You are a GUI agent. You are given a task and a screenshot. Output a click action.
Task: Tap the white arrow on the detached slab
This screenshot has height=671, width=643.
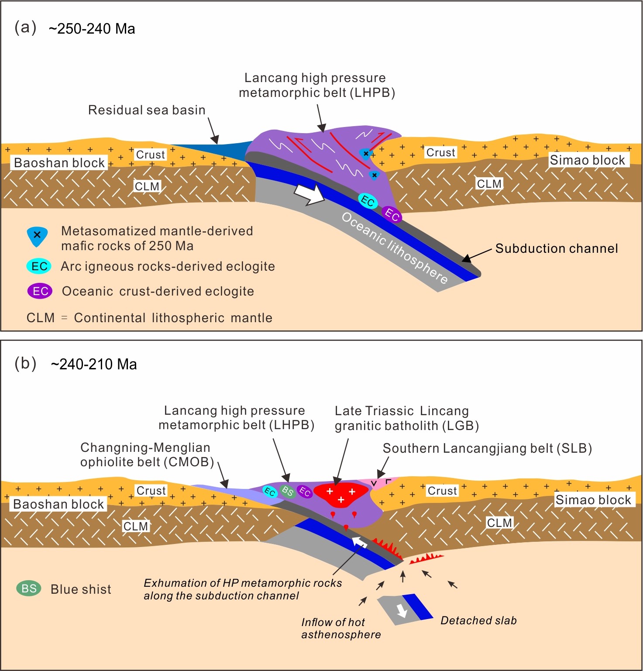pyautogui.click(x=402, y=610)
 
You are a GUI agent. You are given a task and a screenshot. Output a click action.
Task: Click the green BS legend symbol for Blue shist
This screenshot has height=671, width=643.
pyautogui.click(x=29, y=588)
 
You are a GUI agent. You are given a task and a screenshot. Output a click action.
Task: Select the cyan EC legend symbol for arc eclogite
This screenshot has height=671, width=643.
pyautogui.click(x=39, y=266)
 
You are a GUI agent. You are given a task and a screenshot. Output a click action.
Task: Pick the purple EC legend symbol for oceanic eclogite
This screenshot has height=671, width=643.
pyautogui.click(x=40, y=291)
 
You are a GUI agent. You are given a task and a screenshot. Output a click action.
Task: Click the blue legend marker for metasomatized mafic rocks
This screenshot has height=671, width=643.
pyautogui.click(x=37, y=236)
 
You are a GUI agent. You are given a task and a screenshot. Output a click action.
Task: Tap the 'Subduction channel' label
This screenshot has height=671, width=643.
pyautogui.click(x=557, y=249)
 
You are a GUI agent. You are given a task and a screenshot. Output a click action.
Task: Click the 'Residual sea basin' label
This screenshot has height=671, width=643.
pyautogui.click(x=147, y=110)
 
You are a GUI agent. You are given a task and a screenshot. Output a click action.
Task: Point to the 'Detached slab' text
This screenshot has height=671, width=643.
pyautogui.click(x=478, y=620)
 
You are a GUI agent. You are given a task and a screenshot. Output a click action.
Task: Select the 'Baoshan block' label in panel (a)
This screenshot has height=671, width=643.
pyautogui.click(x=59, y=163)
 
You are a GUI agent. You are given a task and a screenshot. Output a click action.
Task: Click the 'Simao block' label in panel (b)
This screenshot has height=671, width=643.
pyautogui.click(x=593, y=500)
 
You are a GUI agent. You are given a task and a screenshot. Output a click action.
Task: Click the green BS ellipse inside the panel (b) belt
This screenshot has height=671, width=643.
pyautogui.click(x=287, y=492)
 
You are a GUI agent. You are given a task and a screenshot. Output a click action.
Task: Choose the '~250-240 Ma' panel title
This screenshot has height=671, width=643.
pyautogui.click(x=92, y=29)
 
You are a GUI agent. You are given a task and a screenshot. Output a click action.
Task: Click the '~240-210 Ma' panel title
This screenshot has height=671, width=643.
pyautogui.click(x=93, y=364)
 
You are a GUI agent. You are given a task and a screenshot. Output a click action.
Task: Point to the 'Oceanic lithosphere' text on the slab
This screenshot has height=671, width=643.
pyautogui.click(x=394, y=248)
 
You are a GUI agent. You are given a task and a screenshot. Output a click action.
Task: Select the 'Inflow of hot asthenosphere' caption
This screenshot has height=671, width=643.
pyautogui.click(x=341, y=628)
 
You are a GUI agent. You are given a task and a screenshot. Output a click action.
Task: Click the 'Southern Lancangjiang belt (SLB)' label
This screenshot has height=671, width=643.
pyautogui.click(x=487, y=448)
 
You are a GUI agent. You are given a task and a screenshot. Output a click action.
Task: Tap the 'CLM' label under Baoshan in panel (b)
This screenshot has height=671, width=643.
pyautogui.click(x=135, y=526)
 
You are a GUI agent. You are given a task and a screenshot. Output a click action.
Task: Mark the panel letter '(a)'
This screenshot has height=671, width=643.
pyautogui.click(x=25, y=28)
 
